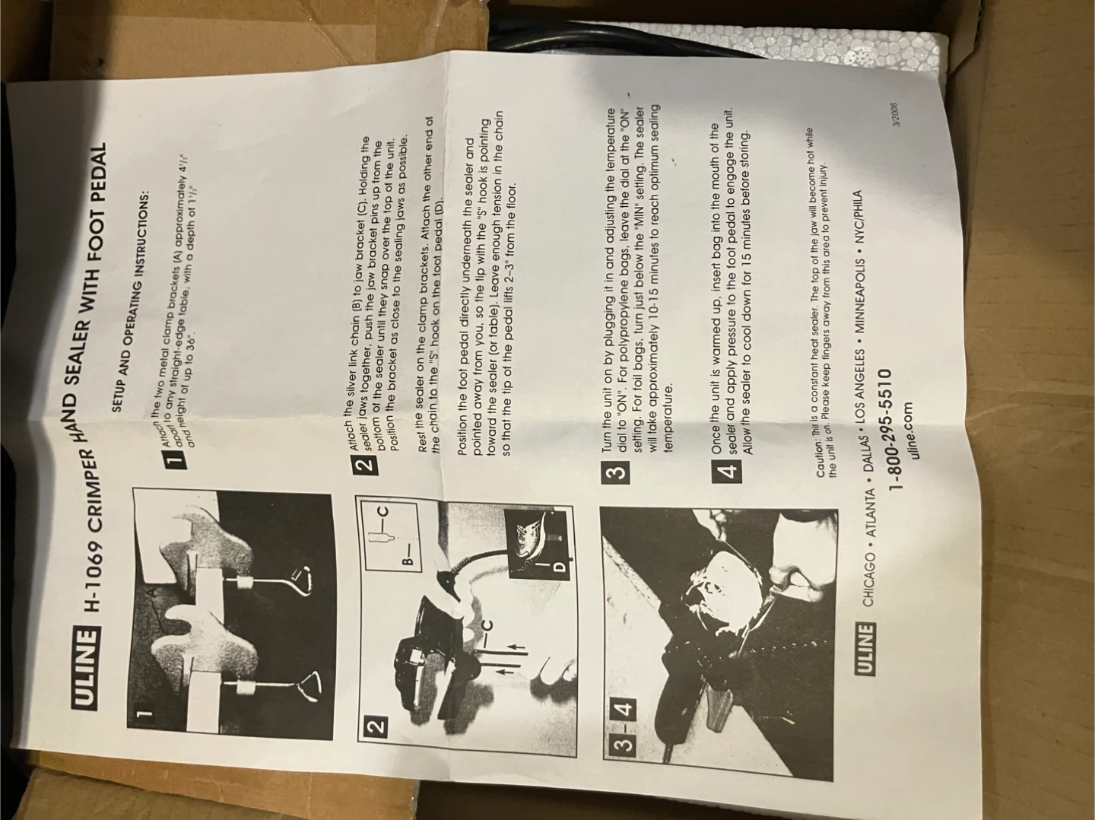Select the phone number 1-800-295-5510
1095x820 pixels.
click(x=897, y=431)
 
